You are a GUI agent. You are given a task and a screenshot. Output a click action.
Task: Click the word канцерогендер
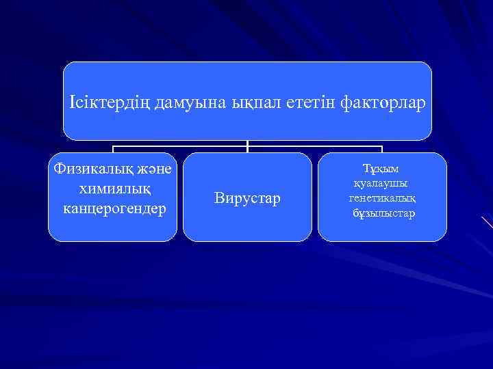pyautogui.click(x=114, y=206)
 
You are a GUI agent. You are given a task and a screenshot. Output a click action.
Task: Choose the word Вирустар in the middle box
pyautogui.click(x=247, y=199)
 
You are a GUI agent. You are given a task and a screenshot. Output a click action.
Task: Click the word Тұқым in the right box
pyautogui.click(x=381, y=168)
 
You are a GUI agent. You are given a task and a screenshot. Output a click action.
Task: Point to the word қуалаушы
pyautogui.click(x=381, y=183)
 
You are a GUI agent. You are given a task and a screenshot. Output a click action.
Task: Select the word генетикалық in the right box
pyautogui.click(x=382, y=198)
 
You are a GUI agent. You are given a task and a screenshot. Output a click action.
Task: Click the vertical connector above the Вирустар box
pyautogui.click(x=247, y=146)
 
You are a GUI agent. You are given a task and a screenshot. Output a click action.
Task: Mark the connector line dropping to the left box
pyautogui.click(x=113, y=149)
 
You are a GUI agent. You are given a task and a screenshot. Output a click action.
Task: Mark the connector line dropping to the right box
pyautogui.click(x=381, y=149)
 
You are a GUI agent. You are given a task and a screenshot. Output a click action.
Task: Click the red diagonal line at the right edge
pyautogui.click(x=487, y=222)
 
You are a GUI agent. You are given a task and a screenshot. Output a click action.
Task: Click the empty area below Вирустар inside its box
pyautogui.click(x=247, y=225)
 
